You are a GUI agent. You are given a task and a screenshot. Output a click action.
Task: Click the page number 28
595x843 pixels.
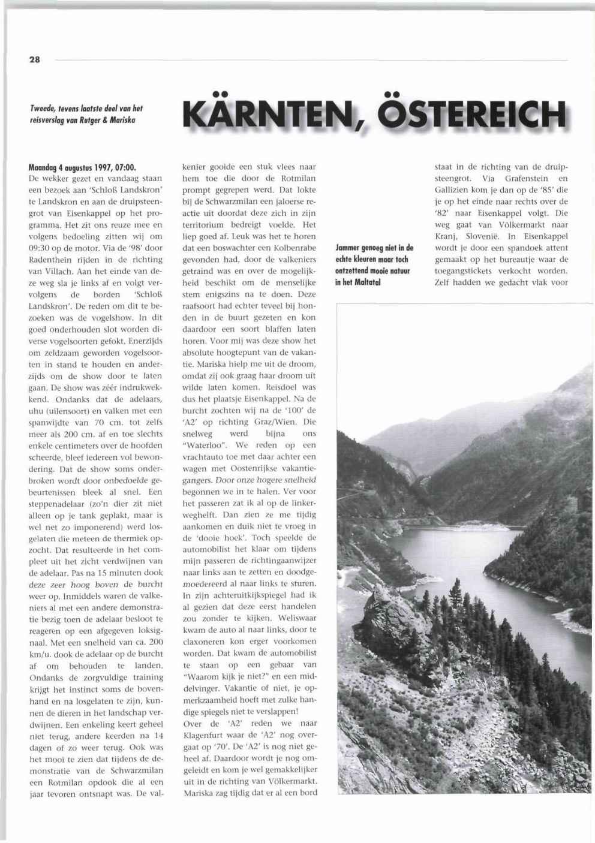[x=34, y=60]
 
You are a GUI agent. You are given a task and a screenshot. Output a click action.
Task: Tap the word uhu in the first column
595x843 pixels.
[x=37, y=410]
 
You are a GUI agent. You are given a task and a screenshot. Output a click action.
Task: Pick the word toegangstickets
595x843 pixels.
[x=464, y=271]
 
